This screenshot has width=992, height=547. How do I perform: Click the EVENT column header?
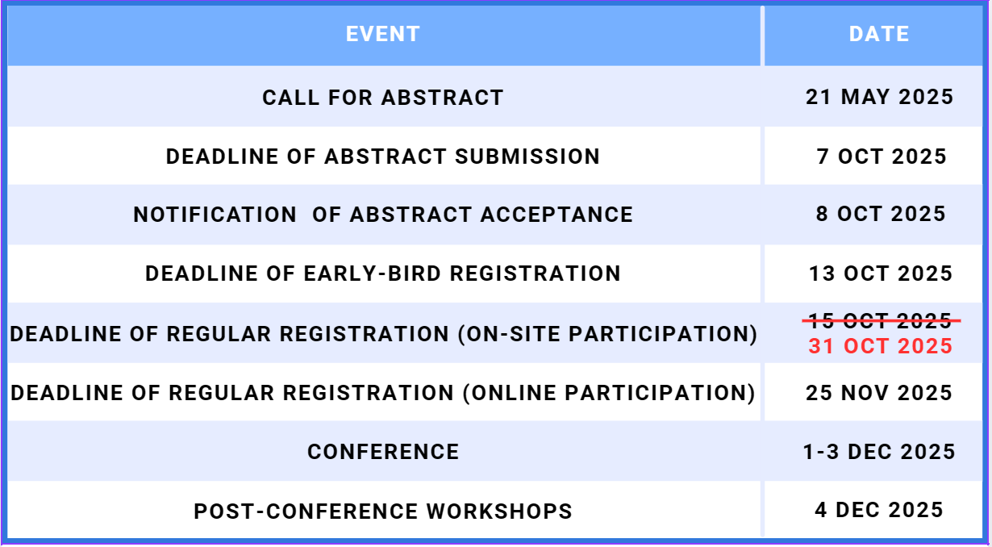point(382,34)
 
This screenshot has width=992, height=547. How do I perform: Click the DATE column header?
point(879,34)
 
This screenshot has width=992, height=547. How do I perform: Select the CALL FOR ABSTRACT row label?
point(382,98)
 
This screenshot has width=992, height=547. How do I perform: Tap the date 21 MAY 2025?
point(879,97)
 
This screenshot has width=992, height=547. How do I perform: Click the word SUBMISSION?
point(527,157)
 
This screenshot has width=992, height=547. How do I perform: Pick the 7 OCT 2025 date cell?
point(882,157)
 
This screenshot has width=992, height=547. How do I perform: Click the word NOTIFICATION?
point(215,215)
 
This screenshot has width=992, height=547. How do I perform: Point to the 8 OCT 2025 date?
point(881,214)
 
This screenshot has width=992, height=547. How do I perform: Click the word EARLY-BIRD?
point(373,273)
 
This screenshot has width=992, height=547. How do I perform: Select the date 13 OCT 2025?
point(881,273)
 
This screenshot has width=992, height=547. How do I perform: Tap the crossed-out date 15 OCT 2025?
point(881,320)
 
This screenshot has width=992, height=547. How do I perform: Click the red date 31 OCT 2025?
point(881,346)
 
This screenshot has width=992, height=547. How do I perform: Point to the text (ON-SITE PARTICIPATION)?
point(608,334)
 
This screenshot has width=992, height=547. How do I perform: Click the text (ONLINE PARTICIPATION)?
point(609,393)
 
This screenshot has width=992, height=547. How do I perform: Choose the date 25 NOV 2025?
point(879,393)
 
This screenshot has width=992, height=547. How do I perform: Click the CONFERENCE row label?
point(383,452)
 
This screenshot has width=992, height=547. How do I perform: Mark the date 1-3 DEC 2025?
point(879,452)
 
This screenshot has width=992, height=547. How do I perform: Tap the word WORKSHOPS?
point(499,512)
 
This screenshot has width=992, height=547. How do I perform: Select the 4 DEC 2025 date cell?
point(879,510)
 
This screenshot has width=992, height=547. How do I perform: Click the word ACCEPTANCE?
point(557,215)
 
